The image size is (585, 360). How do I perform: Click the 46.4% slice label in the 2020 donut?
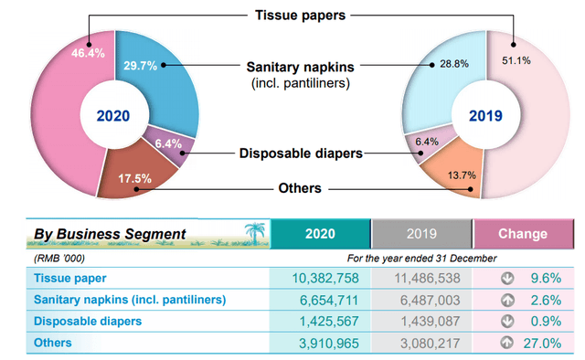pos(88,53)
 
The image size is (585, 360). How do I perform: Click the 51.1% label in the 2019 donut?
pos(516,60)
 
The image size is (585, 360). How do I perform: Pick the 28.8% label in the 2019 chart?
pos(454,64)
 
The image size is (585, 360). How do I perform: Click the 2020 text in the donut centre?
pos(113,116)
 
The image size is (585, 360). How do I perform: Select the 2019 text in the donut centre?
pos(485,116)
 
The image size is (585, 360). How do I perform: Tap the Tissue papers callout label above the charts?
pos(301,16)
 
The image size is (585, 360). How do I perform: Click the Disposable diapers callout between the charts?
pos(301,153)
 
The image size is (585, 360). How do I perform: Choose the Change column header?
pos(523,234)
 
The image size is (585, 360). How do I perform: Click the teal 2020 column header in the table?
pos(320,234)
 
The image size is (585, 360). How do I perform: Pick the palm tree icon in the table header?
pos(255,233)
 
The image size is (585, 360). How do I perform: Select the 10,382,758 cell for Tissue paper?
pos(325,278)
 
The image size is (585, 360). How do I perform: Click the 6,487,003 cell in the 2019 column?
pos(431,300)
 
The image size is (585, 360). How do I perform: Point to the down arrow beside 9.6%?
pos(507,278)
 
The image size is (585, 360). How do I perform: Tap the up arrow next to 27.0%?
pos(507,342)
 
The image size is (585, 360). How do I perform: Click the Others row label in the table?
pos(53,343)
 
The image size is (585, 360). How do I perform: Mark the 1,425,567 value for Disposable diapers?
pos(329,322)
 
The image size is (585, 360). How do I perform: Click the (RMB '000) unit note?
pos(59,259)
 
